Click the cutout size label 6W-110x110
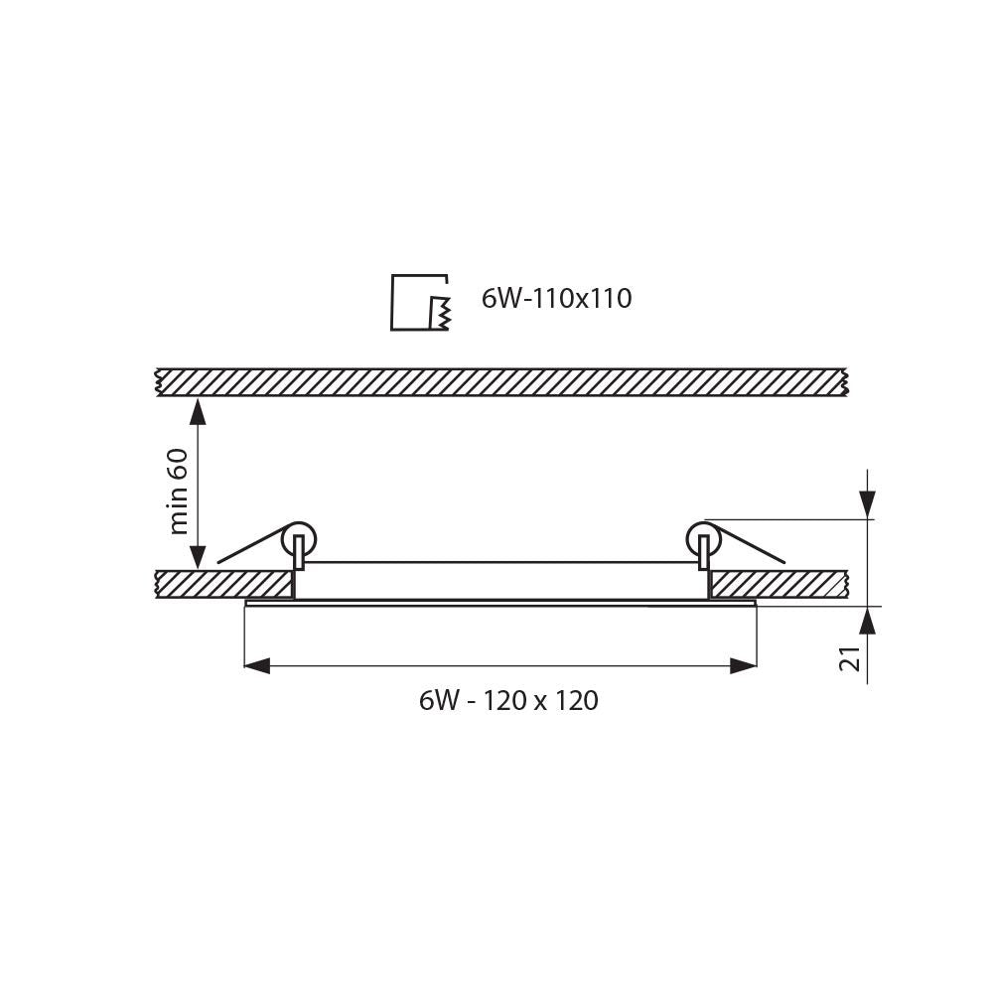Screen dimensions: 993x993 (x=556, y=299)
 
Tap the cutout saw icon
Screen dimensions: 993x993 (x=420, y=302)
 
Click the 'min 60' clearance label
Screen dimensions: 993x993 (x=179, y=491)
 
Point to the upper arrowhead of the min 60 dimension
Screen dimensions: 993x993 (x=198, y=410)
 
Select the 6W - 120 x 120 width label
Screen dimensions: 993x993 (x=508, y=701)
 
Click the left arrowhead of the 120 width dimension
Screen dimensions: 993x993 (x=257, y=665)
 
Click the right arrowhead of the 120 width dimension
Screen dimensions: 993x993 (x=743, y=665)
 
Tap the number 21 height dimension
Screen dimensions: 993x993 (x=851, y=658)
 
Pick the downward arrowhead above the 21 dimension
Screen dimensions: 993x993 (x=868, y=505)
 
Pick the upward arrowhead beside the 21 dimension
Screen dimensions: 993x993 (x=868, y=621)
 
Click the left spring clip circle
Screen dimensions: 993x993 (x=298, y=539)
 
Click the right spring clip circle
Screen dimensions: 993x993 (x=703, y=539)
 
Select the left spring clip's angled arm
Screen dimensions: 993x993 (x=250, y=547)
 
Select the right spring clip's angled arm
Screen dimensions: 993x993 (x=752, y=547)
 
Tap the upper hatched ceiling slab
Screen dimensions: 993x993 (x=501, y=382)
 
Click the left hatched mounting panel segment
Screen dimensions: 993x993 (x=224, y=584)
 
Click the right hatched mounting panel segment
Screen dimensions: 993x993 (x=778, y=584)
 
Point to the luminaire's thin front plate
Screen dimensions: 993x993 (x=500, y=602)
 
